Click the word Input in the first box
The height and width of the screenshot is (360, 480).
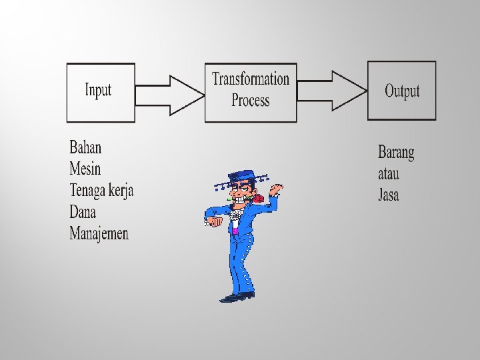[98, 90]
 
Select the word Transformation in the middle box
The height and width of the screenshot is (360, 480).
[251, 79]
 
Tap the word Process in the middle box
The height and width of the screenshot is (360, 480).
[251, 101]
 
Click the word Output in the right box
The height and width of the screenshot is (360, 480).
[402, 91]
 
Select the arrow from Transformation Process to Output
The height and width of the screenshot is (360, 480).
[333, 91]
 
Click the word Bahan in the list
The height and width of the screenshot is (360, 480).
[85, 147]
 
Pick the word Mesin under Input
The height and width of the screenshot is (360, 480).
[85, 169]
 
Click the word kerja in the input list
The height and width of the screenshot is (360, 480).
[121, 191]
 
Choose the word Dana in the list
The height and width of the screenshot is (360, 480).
[83, 212]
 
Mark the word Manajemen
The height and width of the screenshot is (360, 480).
[99, 233]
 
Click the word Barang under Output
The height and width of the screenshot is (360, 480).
[396, 153]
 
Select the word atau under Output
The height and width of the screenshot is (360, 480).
[388, 174]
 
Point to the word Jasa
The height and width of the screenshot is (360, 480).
[389, 195]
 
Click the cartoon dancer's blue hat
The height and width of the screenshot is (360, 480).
[241, 177]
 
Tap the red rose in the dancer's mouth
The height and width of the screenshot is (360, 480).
[256, 198]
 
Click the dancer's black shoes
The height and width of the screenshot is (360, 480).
[237, 296]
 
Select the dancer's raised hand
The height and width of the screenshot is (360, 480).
[276, 189]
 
